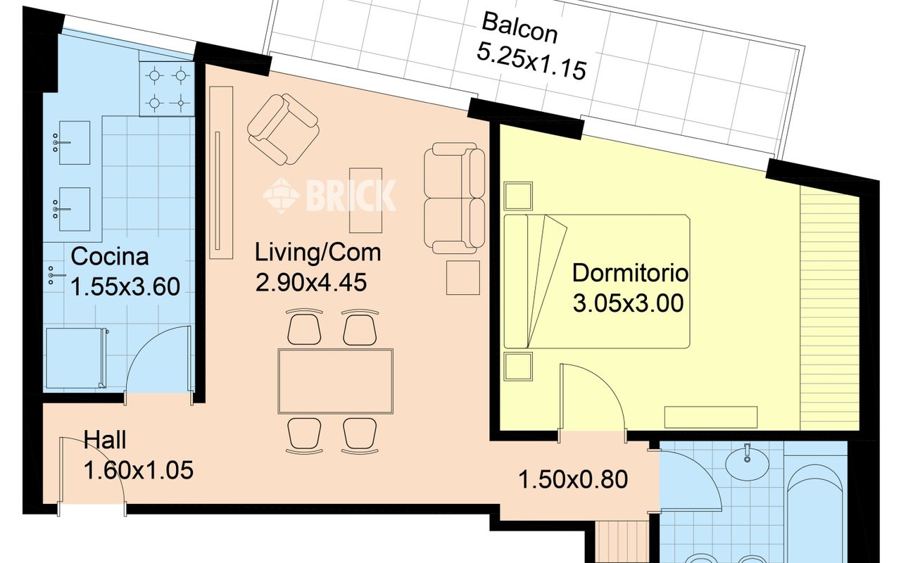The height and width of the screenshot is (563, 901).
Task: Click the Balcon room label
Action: coord(519,27)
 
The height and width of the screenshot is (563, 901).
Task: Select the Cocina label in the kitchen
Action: coord(109,256)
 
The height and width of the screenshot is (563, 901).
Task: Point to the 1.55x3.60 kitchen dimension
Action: coord(125,286)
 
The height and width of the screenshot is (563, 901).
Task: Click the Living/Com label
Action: coord(317,253)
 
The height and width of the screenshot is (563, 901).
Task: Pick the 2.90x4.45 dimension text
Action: coord(311,282)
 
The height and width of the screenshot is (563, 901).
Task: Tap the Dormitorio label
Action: coord(630,273)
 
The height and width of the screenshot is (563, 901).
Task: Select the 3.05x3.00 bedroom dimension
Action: coord(628,303)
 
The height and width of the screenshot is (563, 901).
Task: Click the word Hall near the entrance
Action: coord(105,440)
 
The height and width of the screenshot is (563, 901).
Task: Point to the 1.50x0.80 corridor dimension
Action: coord(573,480)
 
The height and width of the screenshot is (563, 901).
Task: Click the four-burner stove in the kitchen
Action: coord(167,89)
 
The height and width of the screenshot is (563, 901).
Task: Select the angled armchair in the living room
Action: coord(283,129)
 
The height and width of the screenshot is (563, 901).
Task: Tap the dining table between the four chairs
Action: coord(336,381)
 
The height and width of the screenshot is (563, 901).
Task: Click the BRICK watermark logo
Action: coord(330,195)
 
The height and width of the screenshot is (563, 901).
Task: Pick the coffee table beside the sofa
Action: coord(365,201)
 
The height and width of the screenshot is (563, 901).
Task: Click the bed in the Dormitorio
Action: coord(597,281)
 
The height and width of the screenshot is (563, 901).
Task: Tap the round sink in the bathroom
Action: coord(748,464)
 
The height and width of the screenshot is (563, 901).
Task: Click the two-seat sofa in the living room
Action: coord(455,198)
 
